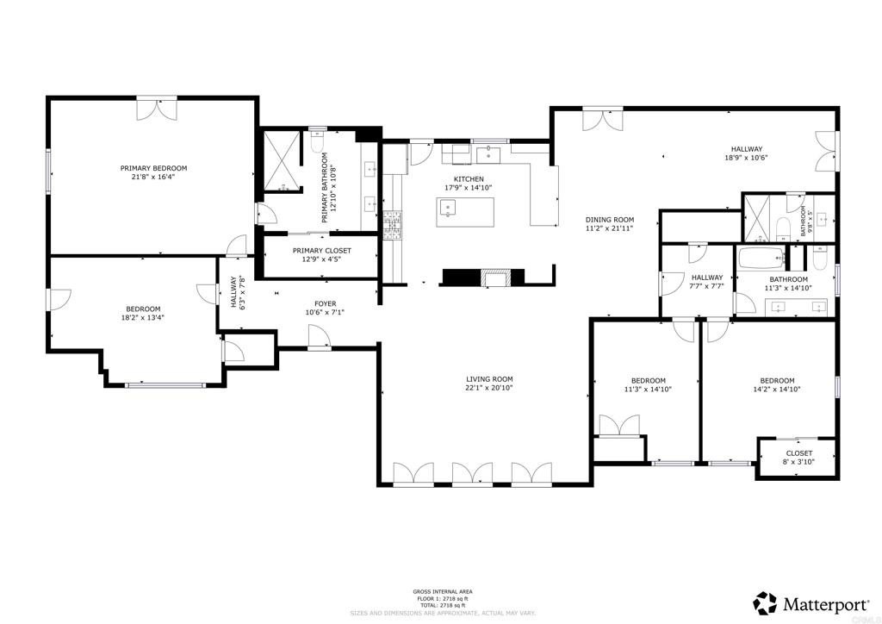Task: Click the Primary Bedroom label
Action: [x=153, y=168]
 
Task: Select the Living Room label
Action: [x=489, y=379]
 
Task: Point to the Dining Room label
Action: [x=610, y=219]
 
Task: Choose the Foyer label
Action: [x=325, y=303]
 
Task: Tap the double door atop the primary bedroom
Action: [x=158, y=109]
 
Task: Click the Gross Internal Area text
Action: [x=442, y=591]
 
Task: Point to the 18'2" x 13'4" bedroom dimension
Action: [x=143, y=317]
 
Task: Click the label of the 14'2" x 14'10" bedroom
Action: [x=776, y=380]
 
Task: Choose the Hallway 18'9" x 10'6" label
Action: [x=747, y=148]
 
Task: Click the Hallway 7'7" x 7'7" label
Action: [x=706, y=278]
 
